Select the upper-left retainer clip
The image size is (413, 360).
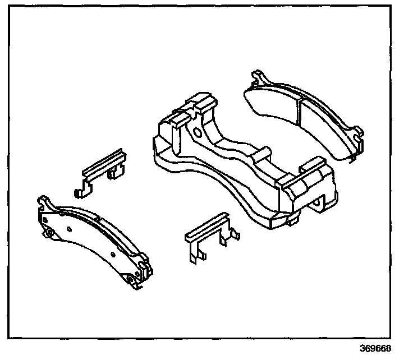(x=104, y=171)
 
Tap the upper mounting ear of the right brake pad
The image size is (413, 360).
(x=258, y=77)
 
